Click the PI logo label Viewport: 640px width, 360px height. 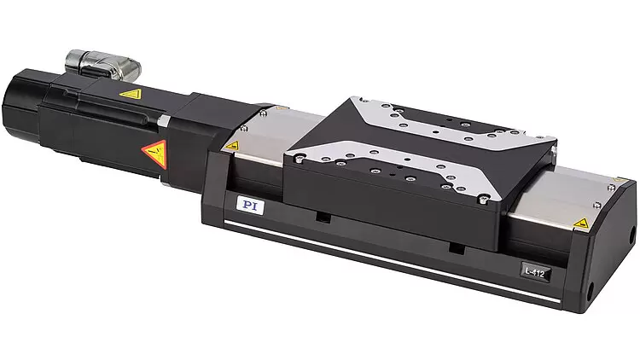[x=250, y=206]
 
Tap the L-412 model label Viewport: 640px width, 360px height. [x=535, y=272]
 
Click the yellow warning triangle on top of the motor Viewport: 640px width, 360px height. [x=131, y=95]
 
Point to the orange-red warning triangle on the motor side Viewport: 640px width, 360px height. [x=156, y=154]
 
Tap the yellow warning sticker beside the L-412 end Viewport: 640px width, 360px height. [x=581, y=224]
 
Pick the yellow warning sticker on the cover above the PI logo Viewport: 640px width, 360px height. [x=232, y=146]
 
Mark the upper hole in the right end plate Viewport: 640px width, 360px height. [x=633, y=236]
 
